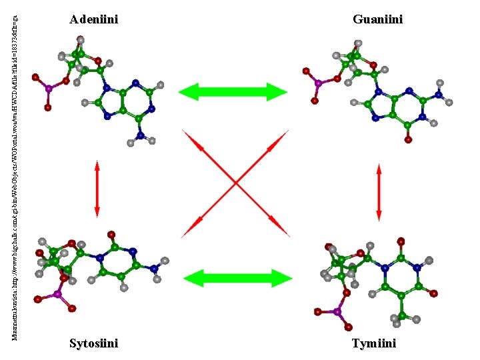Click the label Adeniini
click(94, 20)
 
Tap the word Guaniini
click(378, 20)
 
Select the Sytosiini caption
click(94, 343)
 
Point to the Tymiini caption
click(374, 343)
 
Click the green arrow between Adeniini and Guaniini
click(233, 92)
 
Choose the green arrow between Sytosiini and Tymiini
click(256, 278)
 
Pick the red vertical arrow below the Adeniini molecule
click(97, 188)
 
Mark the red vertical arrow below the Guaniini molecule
click(379, 192)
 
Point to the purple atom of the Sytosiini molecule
click(57, 294)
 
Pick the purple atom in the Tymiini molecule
click(337, 311)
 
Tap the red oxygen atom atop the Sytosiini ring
click(111, 234)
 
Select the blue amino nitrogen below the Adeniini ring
click(139, 137)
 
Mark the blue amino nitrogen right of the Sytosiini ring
click(153, 269)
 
